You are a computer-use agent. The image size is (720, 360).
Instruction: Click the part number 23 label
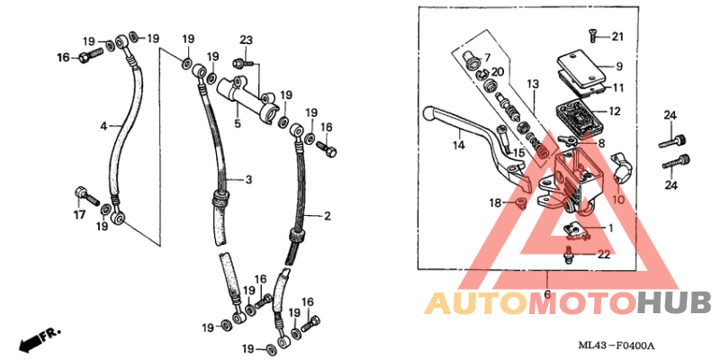(x=246, y=40)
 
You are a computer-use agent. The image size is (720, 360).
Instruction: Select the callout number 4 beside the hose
(x=103, y=125)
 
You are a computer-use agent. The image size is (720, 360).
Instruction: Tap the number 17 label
(x=79, y=214)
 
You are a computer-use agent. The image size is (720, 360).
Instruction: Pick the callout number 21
(x=618, y=36)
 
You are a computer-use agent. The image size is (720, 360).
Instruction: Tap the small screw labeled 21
(x=592, y=36)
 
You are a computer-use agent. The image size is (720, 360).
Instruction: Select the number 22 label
(x=605, y=255)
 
